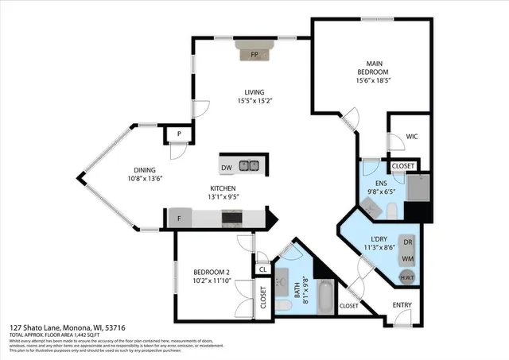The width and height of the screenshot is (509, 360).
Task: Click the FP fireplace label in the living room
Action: [254, 55]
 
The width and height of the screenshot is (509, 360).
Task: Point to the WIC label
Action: [412, 137]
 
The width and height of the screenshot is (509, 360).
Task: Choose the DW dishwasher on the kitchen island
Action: [226, 168]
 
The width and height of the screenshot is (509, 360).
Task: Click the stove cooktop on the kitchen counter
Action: [232, 218]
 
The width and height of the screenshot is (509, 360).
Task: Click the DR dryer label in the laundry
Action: [407, 242]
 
